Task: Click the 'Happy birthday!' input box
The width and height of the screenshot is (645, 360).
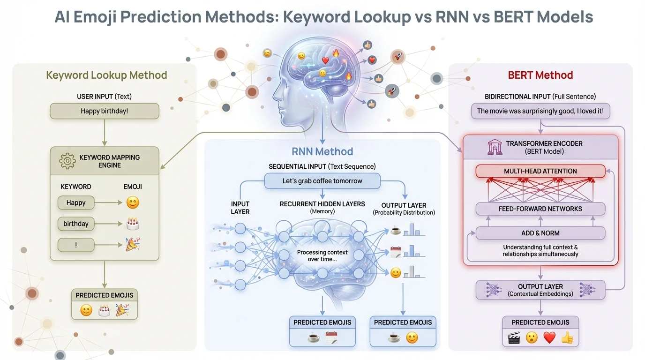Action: coord(105,111)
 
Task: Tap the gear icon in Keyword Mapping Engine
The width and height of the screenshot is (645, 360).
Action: coord(67,161)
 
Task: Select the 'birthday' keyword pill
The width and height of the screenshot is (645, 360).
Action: coord(76,224)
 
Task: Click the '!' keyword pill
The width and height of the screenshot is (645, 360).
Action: coord(76,245)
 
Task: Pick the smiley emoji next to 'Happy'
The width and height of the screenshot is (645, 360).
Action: coord(133,202)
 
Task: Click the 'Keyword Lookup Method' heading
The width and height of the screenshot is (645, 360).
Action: coord(106,75)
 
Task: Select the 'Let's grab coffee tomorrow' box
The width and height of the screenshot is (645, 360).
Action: coord(322,181)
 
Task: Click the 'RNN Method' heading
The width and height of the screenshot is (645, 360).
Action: coord(322,151)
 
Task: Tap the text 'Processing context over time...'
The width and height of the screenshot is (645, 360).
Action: coord(322,255)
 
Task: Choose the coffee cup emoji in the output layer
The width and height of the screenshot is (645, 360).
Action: coord(396,231)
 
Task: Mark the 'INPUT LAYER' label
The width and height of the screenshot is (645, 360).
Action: coord(240,208)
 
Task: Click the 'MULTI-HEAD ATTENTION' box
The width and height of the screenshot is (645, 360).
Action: coord(540,171)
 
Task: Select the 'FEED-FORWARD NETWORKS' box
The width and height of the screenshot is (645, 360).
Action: coord(540,209)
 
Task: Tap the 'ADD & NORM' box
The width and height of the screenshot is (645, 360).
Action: coord(540,233)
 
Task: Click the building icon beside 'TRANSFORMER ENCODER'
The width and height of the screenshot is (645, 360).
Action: coord(495,147)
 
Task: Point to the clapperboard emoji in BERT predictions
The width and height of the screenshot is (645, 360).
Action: coord(514,337)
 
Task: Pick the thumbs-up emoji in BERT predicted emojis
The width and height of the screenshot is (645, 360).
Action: coord(567,337)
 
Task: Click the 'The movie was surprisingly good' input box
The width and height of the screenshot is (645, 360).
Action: coord(540,111)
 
